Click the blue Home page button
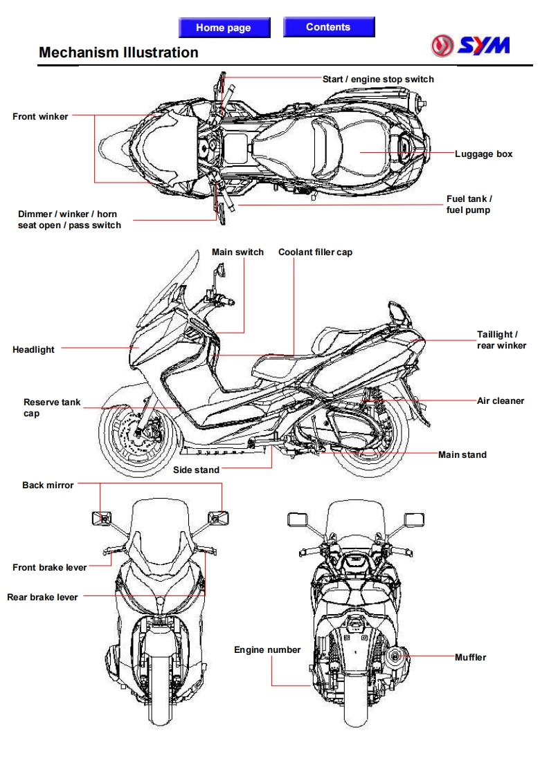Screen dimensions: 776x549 (x=223, y=28)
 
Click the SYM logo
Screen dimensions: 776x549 (x=470, y=46)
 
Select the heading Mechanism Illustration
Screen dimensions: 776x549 (x=118, y=53)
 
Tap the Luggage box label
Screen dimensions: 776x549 (x=483, y=154)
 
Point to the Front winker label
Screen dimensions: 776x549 (x=40, y=117)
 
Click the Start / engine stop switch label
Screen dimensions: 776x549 (x=378, y=80)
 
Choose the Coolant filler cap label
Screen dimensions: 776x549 (x=315, y=252)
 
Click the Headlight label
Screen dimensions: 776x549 (x=33, y=350)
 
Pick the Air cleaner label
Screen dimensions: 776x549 (x=501, y=401)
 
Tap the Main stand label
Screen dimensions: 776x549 (x=462, y=455)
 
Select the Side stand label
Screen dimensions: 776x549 (x=196, y=470)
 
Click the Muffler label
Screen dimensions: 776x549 (x=470, y=658)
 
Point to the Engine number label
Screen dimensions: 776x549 (x=267, y=650)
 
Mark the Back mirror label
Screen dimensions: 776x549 (x=48, y=486)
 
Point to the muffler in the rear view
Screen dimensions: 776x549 (x=397, y=656)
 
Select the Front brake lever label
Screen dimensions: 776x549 (x=50, y=568)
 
